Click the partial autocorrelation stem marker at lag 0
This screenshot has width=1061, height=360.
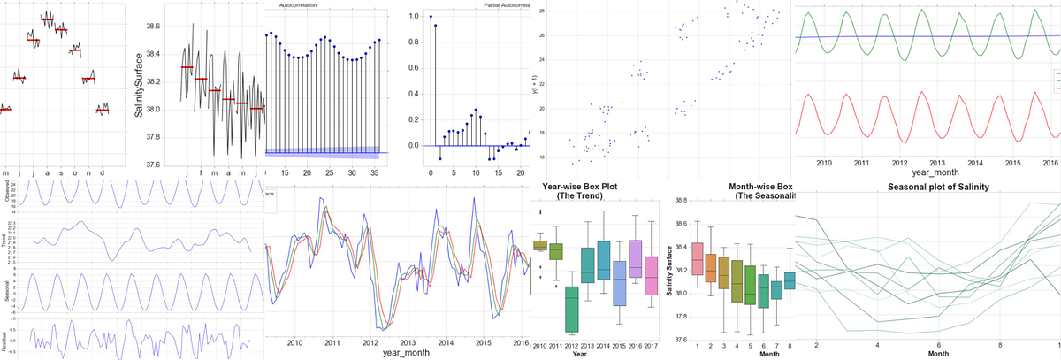pyautogui.click(x=431, y=17)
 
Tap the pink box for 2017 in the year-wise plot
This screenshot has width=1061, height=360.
pyautogui.click(x=650, y=278)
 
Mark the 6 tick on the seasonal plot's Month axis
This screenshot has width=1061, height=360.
pyautogui.click(x=939, y=343)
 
